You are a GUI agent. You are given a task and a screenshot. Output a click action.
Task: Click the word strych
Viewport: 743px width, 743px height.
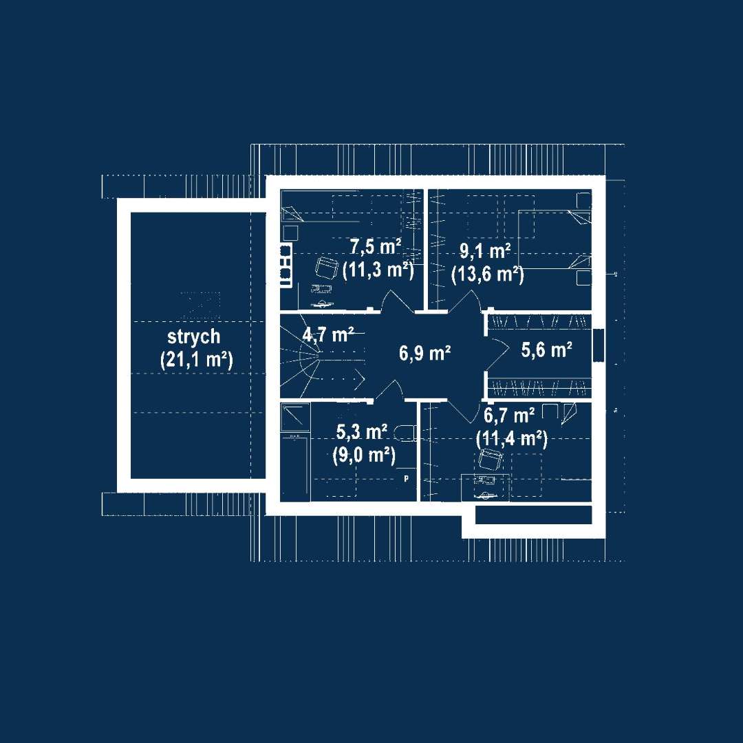pos(194,337)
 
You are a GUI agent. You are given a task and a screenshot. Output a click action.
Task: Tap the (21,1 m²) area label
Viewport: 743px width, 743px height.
pos(197,360)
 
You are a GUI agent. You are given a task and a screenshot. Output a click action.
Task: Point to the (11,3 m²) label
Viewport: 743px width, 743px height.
pos(378,270)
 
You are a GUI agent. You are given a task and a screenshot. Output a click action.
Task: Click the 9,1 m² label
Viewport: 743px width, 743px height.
pos(485,250)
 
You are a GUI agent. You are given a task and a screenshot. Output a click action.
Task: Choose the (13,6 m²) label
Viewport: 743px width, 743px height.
pos(488,274)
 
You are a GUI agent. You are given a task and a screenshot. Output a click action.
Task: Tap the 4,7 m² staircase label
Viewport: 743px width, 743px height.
pos(328,334)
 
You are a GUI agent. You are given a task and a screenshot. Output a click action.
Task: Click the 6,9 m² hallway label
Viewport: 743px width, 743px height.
pos(424,353)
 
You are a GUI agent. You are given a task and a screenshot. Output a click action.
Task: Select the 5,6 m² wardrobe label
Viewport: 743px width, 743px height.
pos(546,349)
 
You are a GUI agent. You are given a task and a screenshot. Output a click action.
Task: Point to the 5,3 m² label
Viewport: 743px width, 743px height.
pos(362,431)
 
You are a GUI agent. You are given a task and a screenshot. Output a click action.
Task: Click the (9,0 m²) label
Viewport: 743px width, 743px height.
pos(364,455)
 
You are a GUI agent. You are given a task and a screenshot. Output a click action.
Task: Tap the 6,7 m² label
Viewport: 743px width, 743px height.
pos(509,416)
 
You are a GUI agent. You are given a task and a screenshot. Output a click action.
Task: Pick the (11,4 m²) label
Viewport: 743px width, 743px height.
pos(512,439)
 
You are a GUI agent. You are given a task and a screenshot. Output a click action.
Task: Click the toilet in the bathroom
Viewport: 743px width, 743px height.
pos(406,433)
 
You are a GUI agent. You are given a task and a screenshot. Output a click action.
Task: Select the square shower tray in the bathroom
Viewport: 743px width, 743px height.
pos(295,417)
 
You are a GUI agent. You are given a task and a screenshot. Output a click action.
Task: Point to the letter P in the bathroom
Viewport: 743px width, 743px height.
pos(406,479)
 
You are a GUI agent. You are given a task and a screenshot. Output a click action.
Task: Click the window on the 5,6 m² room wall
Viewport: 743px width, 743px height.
pos(599,345)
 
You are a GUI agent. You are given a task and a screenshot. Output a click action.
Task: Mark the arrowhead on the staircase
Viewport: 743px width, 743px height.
pos(360,378)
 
